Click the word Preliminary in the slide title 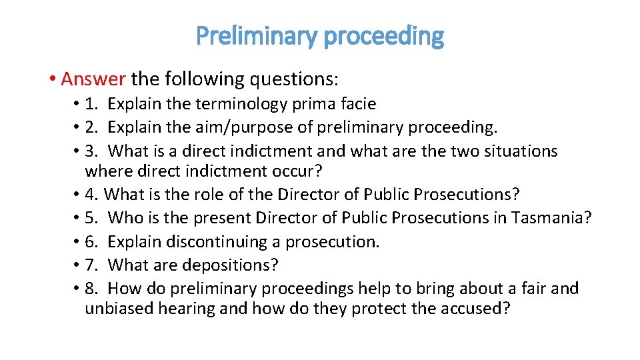tap(256, 35)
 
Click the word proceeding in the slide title tap(383, 35)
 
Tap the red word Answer tap(93, 79)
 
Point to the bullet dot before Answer tap(51, 79)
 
